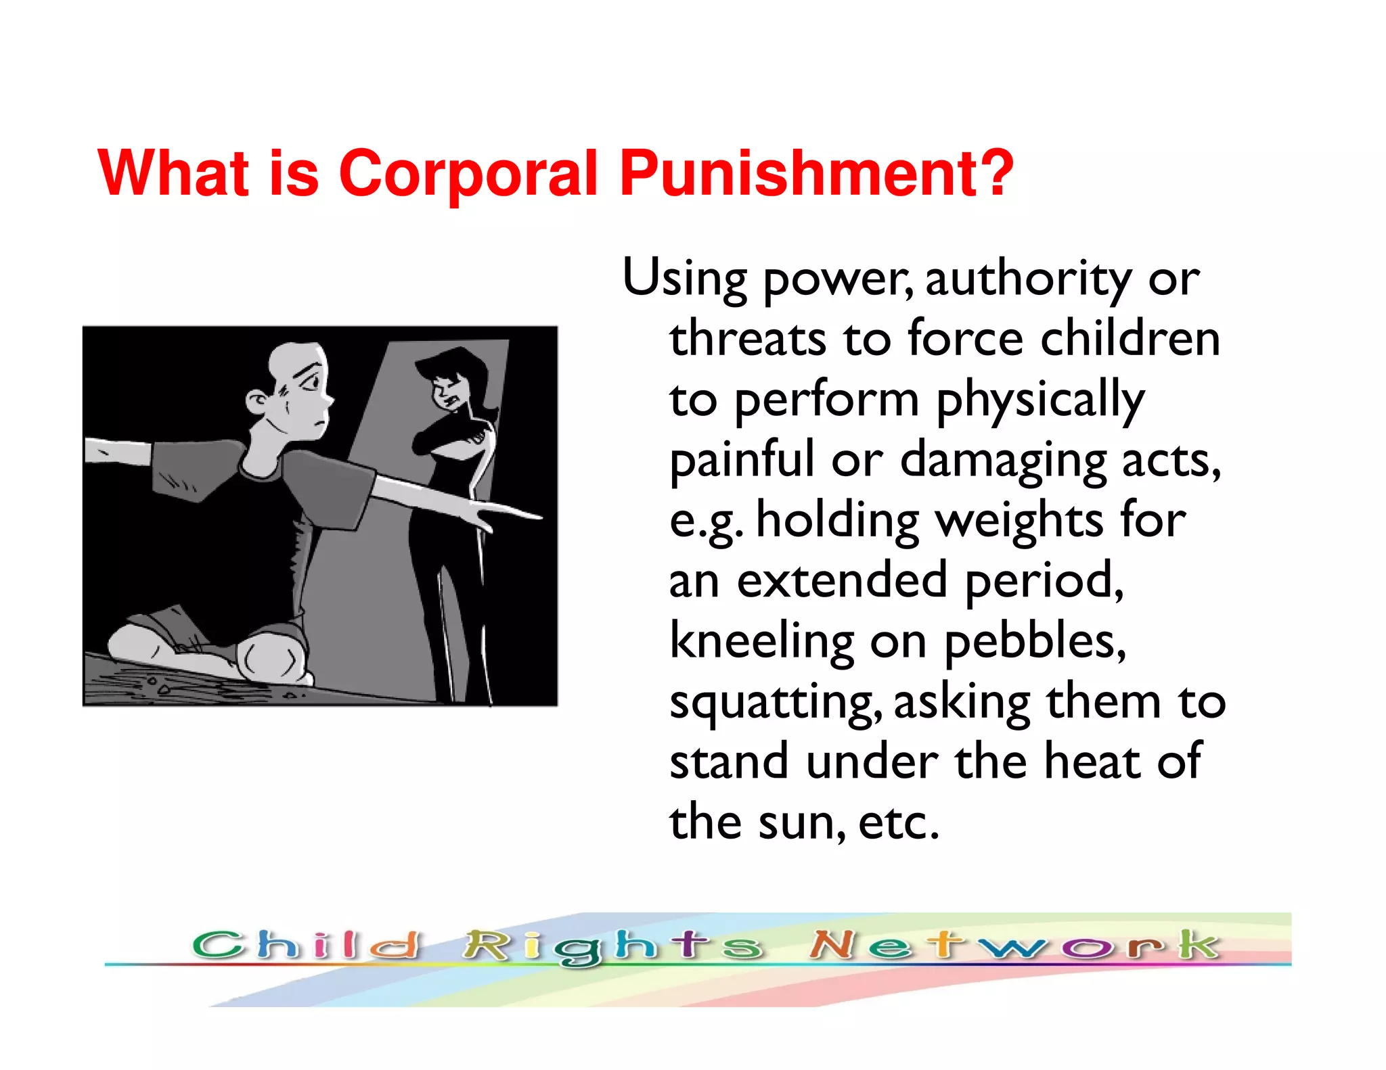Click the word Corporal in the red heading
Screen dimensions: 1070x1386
pyautogui.click(x=468, y=173)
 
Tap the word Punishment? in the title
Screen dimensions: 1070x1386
pyautogui.click(x=816, y=173)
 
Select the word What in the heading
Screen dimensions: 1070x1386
pyautogui.click(x=173, y=173)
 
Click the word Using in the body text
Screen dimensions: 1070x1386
pyautogui.click(x=684, y=279)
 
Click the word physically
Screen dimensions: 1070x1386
pyautogui.click(x=1040, y=400)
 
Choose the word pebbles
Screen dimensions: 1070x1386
pyautogui.click(x=1035, y=641)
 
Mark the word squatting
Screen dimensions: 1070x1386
pyautogui.click(x=776, y=703)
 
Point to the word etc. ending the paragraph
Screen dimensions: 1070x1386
pyautogui.click(x=899, y=822)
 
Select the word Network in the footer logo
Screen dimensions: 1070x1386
pyautogui.click(x=1014, y=945)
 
